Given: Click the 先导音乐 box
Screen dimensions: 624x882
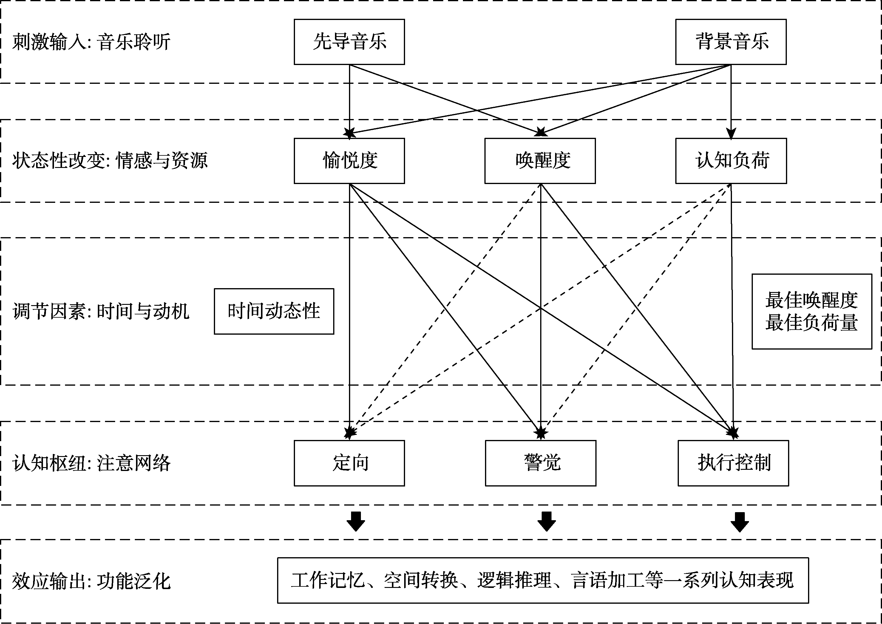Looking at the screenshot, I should pos(349,42).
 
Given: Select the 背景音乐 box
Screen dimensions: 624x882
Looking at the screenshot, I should pos(731,42).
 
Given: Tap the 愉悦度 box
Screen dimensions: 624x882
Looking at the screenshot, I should pos(349,160).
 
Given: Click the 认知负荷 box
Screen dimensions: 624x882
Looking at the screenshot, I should pos(731,160).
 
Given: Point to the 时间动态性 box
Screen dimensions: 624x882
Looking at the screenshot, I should pos(274,311).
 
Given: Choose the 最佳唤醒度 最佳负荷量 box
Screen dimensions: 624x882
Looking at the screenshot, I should pos(812,311).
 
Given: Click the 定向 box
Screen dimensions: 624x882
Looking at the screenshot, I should pos(349,463).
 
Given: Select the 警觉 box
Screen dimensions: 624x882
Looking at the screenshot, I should pos(540,463).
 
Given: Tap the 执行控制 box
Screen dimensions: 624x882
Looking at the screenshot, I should pos(733,463).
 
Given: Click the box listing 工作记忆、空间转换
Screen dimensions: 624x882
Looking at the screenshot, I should pos(543,580).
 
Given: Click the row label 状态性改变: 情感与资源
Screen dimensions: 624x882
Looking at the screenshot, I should pos(110,160).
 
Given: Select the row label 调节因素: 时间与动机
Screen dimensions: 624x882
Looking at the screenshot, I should pos(101,311).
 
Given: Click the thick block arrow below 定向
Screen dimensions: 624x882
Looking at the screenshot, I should pos(356,521).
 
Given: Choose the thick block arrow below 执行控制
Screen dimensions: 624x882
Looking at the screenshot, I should pos(739,522).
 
